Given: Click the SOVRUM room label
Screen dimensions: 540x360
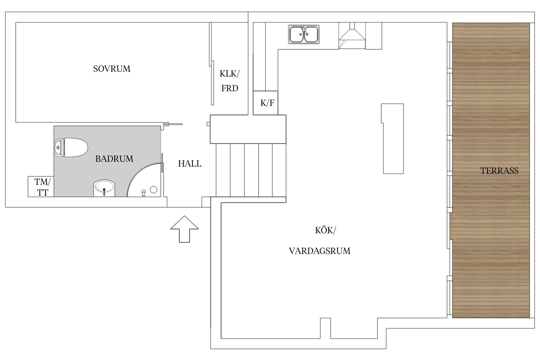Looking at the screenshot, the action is click(112, 69).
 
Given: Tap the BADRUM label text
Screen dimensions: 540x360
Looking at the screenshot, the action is click(114, 159).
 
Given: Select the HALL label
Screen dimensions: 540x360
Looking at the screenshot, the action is click(190, 164).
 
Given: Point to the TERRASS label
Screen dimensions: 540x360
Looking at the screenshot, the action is click(499, 171).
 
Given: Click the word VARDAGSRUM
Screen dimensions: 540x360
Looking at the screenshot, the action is click(320, 251).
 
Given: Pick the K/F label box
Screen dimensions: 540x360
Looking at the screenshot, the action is click(265, 103).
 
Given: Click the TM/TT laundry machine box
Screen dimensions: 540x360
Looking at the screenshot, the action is click(41, 187).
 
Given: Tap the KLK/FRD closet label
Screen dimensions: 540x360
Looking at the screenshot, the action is click(230, 81).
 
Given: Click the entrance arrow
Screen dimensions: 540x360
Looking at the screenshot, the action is click(184, 229).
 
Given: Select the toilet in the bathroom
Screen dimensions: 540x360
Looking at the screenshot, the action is click(71, 147).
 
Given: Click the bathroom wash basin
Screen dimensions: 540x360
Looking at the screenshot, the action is click(104, 188).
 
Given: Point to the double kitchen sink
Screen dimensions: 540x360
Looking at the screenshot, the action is click(304, 34).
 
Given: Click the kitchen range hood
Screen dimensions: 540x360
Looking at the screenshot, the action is click(352, 36).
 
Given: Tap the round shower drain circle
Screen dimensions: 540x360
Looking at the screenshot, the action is click(154, 190).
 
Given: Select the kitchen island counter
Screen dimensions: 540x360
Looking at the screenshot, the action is click(392, 139).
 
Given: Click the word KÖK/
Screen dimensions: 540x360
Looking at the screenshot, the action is click(325, 231).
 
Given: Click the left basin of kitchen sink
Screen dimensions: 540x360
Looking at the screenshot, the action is click(297, 34).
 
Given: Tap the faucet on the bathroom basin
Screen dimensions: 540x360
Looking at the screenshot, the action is click(104, 192).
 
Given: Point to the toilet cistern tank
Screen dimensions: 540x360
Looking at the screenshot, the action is click(59, 147).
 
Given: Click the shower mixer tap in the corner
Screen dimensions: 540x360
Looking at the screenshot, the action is click(144, 193).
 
